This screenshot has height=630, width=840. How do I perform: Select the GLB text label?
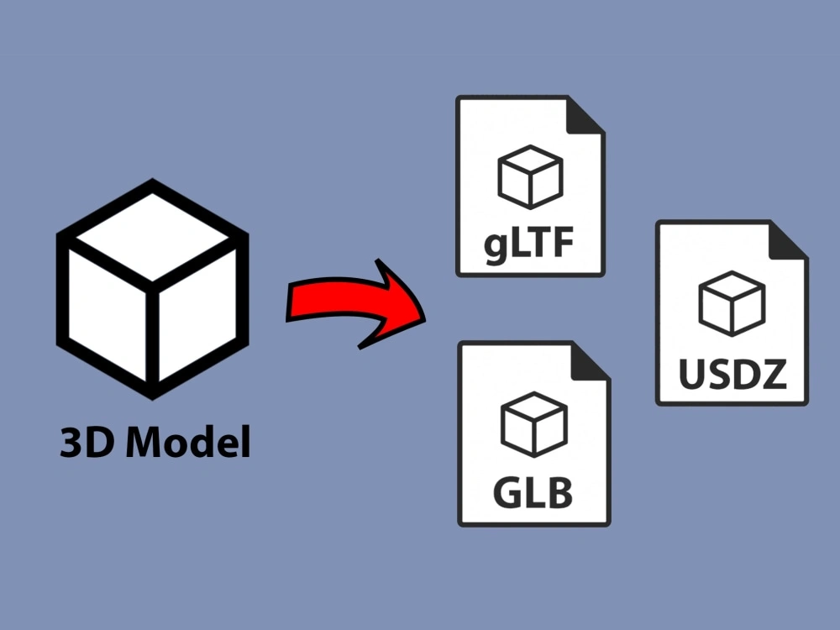(533, 492)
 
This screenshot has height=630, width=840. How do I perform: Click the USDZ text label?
(732, 374)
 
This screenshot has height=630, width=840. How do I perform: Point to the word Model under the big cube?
(188, 442)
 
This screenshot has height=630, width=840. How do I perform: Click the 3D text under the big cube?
(88, 442)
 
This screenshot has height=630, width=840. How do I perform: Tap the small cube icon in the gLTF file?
(529, 177)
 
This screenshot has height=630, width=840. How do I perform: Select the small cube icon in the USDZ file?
(732, 302)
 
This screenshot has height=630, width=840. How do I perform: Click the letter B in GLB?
(557, 492)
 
